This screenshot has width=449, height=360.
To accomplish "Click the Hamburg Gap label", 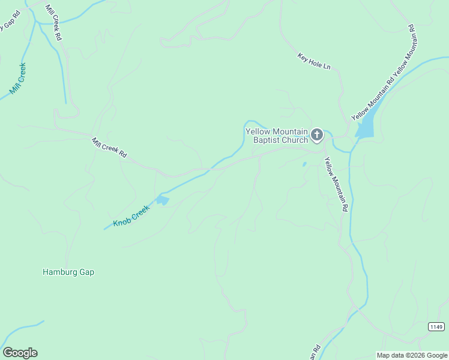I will pos(68,272).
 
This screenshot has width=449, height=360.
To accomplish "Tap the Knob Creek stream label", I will pos(130,217).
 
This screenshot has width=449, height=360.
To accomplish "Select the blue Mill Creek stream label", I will pos(18,79).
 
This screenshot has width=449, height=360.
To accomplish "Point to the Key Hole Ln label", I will pos(314,61).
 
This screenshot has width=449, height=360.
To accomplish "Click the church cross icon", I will pos(317,134).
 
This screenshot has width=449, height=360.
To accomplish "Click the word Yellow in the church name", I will pos(260,131).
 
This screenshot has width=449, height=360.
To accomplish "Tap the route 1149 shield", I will pos(436,326).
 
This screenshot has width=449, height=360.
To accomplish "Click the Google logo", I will pos(20,353).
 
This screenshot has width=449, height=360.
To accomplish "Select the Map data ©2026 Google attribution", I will pos(411,355).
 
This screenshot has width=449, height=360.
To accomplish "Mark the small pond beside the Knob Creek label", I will pos(163,200).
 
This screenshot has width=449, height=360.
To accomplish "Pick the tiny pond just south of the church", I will pos(304,164).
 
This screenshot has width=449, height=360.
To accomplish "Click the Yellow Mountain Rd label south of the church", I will pos(336,184).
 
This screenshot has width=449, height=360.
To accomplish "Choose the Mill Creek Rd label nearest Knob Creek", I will pos(109,147).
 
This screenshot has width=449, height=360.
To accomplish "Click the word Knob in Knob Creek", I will pos(122,221).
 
